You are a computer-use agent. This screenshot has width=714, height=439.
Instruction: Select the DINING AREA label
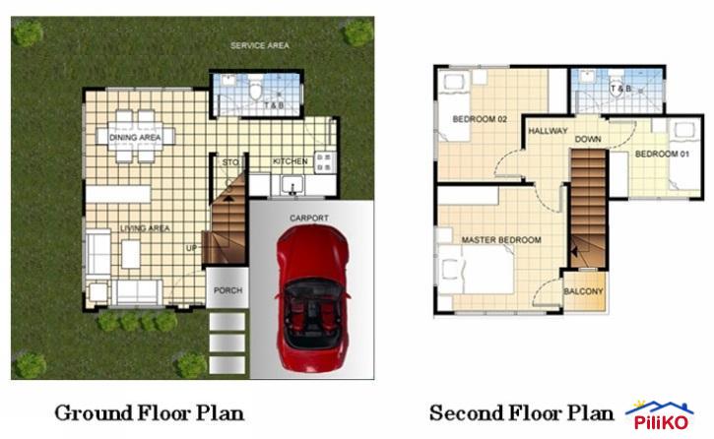tap(135, 138)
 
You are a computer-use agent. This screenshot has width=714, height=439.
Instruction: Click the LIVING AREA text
tap(145, 228)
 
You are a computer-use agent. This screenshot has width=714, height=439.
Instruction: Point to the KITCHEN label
tap(290, 161)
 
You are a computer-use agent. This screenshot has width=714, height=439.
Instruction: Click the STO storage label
tap(230, 161)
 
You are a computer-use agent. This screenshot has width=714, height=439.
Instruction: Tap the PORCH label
tap(227, 290)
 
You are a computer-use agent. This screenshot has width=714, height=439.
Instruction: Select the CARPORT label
tap(308, 218)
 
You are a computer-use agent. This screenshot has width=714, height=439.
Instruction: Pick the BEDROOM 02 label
tap(479, 119)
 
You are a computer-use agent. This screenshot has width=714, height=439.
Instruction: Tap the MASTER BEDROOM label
tap(501, 239)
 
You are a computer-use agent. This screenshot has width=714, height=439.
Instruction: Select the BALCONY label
tap(583, 291)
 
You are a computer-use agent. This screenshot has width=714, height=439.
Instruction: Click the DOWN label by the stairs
tap(588, 139)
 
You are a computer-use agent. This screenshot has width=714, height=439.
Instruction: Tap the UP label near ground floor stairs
tap(192, 247)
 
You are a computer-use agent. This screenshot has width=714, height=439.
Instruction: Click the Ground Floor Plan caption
tap(149, 411)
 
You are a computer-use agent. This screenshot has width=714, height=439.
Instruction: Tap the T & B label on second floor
tap(620, 90)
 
